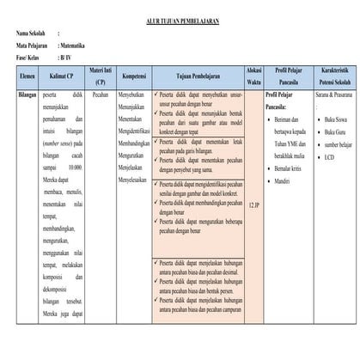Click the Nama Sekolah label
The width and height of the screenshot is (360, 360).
[32, 31]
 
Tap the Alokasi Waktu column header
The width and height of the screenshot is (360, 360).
[253, 75]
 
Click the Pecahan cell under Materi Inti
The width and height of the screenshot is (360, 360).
[100, 95]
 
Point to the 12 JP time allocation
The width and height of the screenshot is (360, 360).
[253, 206]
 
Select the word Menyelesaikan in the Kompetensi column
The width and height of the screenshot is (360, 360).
[135, 180]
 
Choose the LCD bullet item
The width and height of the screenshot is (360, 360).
[331, 156]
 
